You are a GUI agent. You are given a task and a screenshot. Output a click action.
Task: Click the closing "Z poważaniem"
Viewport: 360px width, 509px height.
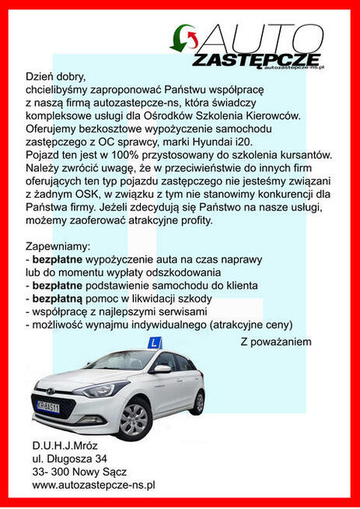click(x=276, y=342)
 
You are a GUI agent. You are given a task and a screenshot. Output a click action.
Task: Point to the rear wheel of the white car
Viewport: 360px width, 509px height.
click(x=200, y=402)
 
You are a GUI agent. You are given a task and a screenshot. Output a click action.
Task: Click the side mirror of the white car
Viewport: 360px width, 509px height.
click(x=162, y=369)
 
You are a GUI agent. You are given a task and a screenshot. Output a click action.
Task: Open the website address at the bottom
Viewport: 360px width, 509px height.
click(x=94, y=484)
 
